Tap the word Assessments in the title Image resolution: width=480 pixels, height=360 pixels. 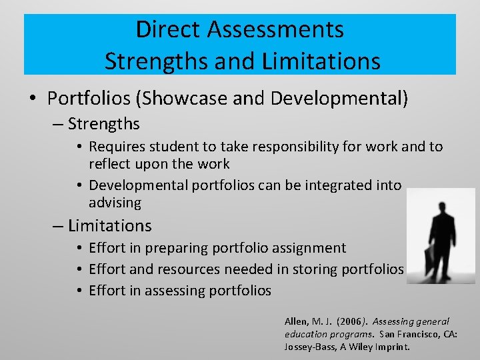pos(275,30)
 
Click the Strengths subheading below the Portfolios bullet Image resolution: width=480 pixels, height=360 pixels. pos(103,124)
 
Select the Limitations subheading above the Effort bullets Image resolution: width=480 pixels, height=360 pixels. pos(109,226)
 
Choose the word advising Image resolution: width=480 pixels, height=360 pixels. pos(115,203)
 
